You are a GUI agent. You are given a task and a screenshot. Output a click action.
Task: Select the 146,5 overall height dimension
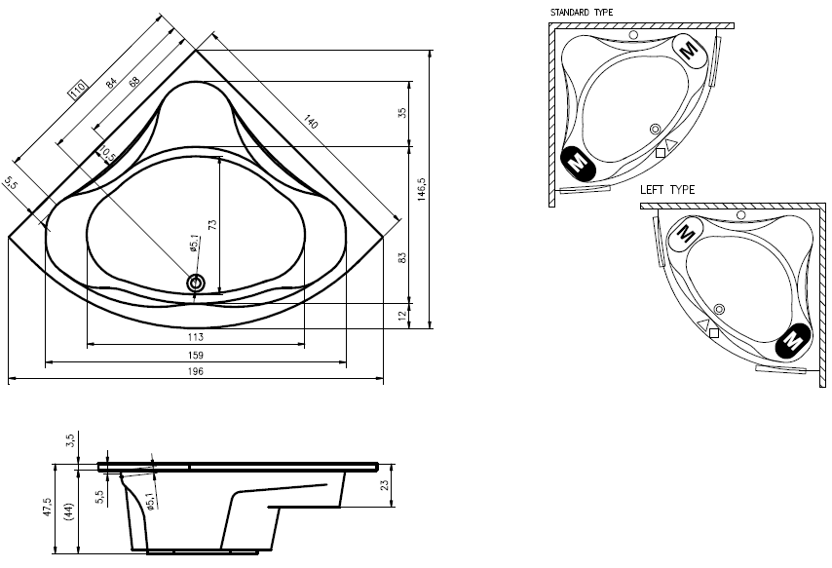pyautogui.click(x=421, y=187)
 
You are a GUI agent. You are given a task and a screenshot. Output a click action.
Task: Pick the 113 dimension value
pyautogui.click(x=195, y=337)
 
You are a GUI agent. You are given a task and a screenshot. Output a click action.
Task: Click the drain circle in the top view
pyautogui.click(x=196, y=284)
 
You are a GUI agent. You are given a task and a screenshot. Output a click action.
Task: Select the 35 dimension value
pyautogui.click(x=401, y=113)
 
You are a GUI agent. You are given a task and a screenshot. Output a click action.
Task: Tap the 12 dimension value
pyautogui.click(x=401, y=315)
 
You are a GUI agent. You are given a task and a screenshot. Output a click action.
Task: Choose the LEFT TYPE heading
pyautogui.click(x=667, y=190)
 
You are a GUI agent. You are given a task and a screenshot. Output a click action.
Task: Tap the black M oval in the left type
pyautogui.click(x=793, y=340)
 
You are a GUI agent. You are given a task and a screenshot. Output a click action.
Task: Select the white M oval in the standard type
pyautogui.click(x=690, y=49)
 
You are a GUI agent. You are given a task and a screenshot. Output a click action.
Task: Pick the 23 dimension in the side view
pyautogui.click(x=385, y=485)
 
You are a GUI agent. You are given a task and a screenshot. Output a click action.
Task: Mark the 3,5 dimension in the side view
pyautogui.click(x=70, y=442)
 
